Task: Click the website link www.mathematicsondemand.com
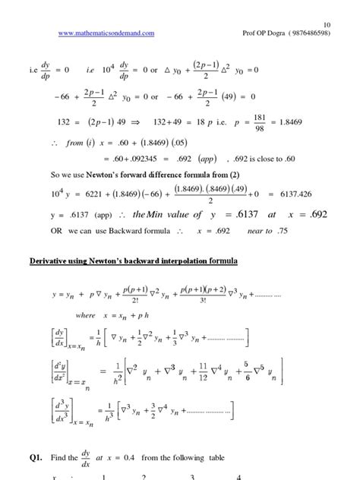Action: [x=106, y=34]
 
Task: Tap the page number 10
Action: [x=327, y=24]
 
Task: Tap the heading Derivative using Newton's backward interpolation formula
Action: [x=134, y=261]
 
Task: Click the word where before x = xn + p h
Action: [x=86, y=314]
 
